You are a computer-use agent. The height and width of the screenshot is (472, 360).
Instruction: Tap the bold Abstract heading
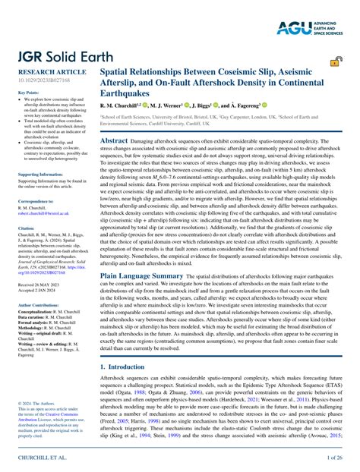(x=114, y=140)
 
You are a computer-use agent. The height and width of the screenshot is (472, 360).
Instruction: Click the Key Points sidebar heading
(x=28, y=92)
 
